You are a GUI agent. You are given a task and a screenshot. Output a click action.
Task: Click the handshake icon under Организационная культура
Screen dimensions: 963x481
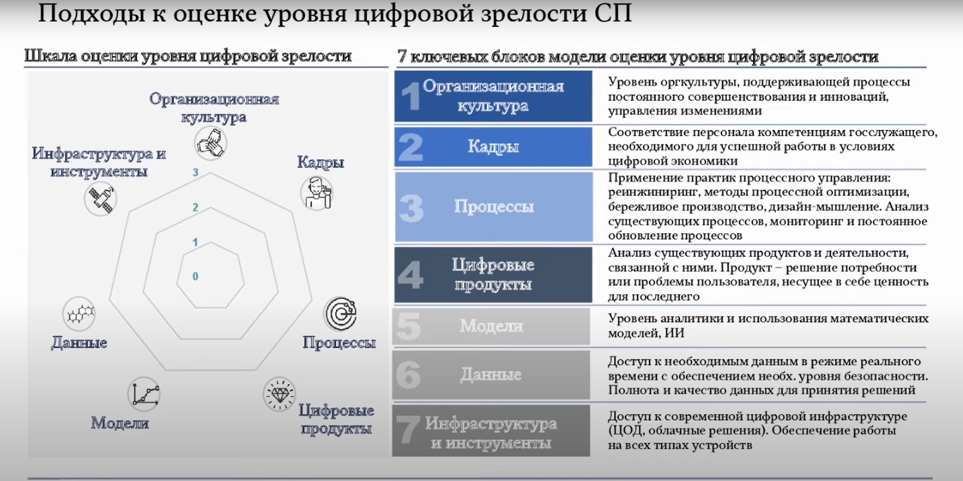click(211, 143)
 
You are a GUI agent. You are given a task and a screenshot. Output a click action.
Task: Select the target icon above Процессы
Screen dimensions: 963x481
click(340, 314)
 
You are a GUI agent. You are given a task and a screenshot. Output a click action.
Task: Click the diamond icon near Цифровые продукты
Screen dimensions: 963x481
click(279, 394)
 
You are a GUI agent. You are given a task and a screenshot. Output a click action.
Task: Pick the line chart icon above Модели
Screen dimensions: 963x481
click(144, 394)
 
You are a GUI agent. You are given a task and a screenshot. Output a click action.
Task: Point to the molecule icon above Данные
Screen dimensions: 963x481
click(79, 314)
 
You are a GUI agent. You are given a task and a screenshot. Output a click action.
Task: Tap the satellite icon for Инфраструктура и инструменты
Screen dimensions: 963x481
click(101, 199)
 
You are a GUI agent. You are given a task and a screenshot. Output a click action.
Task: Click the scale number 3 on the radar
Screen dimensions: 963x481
click(196, 172)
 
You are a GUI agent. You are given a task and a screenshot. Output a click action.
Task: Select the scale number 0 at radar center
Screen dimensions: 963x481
click(196, 276)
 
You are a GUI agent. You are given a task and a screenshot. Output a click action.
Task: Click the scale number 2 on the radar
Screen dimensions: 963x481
click(196, 207)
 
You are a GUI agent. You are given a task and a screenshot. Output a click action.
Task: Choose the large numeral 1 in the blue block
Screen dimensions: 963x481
click(411, 96)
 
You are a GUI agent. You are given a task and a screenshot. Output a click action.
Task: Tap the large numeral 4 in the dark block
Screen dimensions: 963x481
click(410, 275)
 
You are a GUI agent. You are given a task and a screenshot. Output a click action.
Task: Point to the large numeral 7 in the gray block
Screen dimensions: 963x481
click(407, 431)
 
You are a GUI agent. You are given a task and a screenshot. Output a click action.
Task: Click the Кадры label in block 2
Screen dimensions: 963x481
click(493, 146)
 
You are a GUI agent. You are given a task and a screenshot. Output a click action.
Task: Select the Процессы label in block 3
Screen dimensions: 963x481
click(494, 207)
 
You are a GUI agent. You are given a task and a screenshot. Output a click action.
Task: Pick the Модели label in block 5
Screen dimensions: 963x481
click(491, 326)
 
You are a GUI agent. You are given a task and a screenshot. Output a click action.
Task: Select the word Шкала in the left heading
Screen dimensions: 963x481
click(50, 56)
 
